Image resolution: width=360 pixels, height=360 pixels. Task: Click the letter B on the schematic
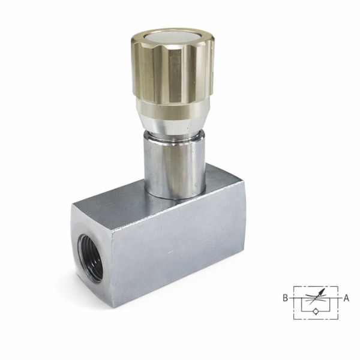click(x=285, y=298)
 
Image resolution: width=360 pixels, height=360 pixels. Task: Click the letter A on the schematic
click(x=346, y=298)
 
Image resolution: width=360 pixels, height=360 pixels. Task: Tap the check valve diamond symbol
click(x=316, y=311)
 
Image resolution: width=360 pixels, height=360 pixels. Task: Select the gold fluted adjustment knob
click(x=173, y=67)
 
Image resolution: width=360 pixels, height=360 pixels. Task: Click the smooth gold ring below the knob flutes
click(x=172, y=109)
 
